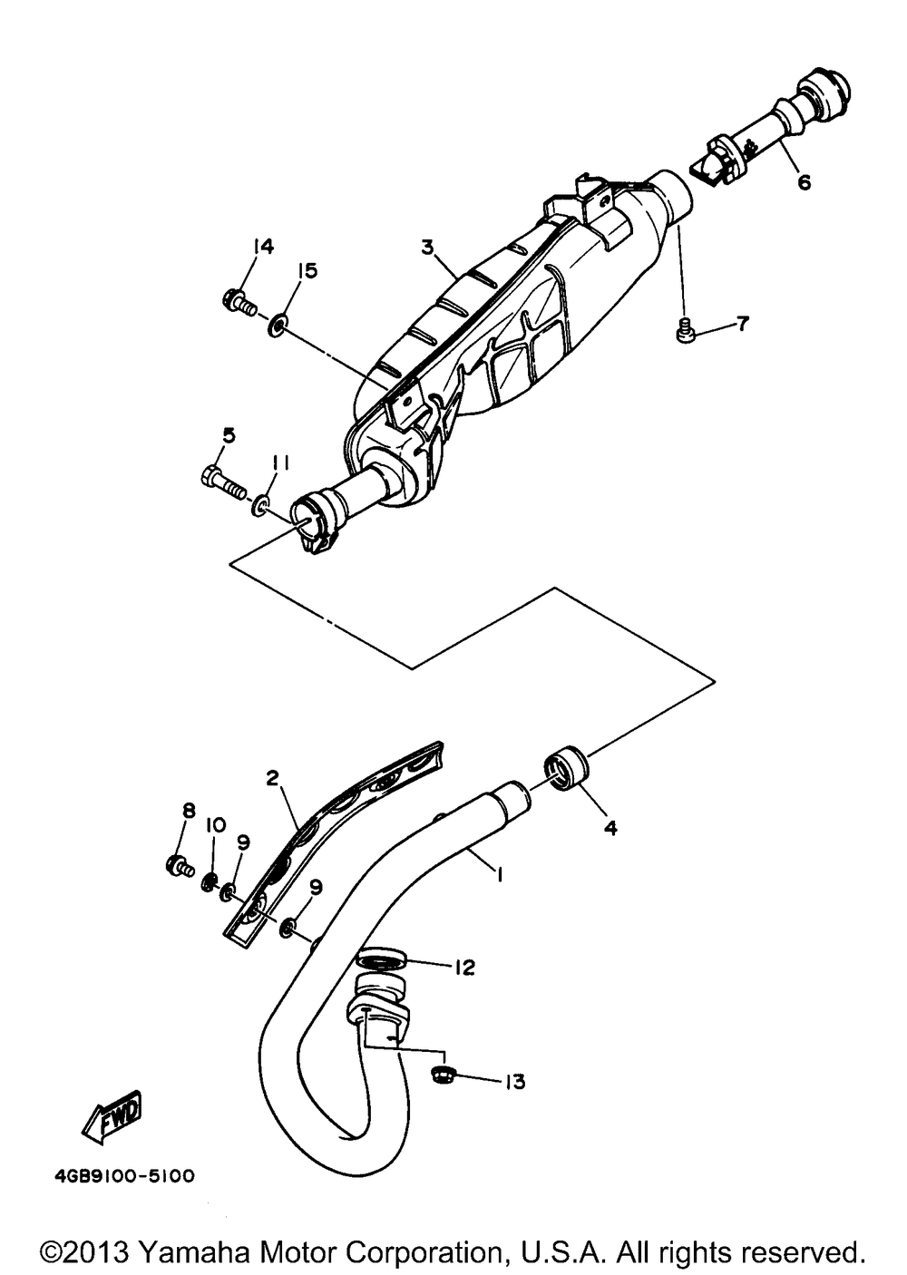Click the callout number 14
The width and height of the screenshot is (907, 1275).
(x=263, y=247)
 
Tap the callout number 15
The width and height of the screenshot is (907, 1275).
(x=307, y=271)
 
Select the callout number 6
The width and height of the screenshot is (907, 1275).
(x=804, y=181)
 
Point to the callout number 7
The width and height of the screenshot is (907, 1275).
(x=742, y=323)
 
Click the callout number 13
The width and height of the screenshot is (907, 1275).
(x=514, y=1082)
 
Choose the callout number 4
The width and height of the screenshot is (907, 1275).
(x=610, y=827)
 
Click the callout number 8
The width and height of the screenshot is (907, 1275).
(x=188, y=810)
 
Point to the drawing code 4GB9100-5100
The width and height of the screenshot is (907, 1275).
(x=118, y=1176)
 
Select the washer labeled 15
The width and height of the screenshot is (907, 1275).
(x=278, y=322)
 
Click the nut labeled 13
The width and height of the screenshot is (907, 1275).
(x=444, y=1076)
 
